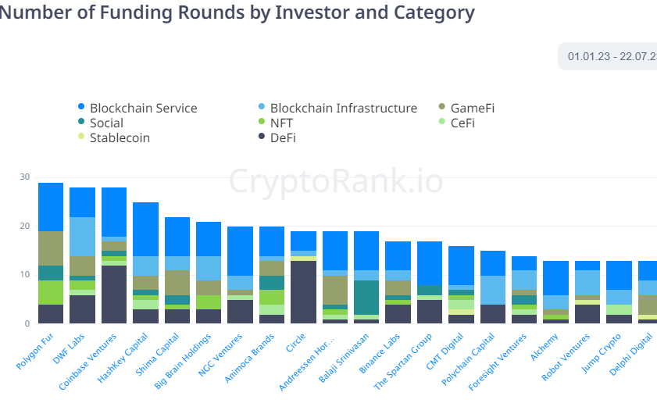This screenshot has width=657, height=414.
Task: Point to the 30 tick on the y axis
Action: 24,177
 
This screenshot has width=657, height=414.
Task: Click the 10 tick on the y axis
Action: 24,275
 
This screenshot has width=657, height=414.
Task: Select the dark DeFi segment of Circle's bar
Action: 303,291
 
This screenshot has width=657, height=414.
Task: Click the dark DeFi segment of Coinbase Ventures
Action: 114,294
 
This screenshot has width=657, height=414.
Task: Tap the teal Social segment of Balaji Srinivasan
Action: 366,298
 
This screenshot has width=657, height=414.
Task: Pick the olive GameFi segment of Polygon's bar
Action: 51,248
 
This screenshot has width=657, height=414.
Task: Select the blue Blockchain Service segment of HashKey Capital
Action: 145,229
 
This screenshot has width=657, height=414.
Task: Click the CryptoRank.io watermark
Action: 336,181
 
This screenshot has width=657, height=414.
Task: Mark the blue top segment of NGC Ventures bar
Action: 240,251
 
